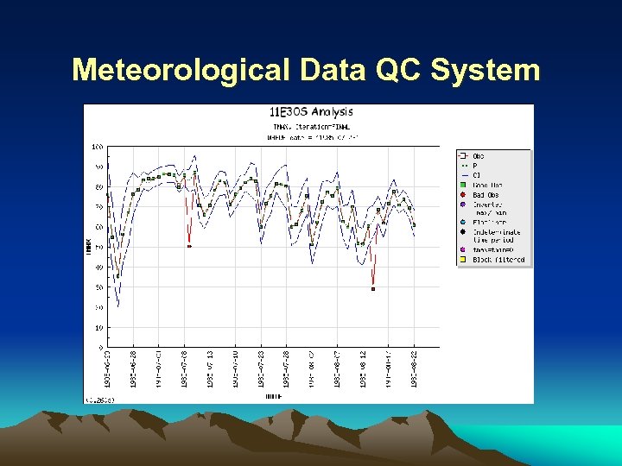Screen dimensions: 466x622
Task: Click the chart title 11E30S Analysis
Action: pos(311,111)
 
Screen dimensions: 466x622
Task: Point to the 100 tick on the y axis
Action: pos(98,146)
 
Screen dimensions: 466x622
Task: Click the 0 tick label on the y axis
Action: pos(101,348)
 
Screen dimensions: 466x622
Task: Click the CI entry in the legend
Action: pos(476,175)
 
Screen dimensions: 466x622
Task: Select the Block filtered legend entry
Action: pos(498,260)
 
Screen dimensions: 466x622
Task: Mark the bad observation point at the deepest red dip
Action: pos(373,289)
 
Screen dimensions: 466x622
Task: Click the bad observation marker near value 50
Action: pos(189,247)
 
